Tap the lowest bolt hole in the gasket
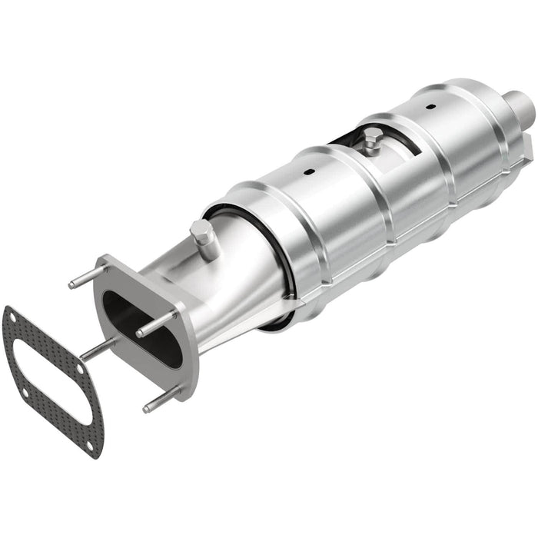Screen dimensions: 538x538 (95, 443)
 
